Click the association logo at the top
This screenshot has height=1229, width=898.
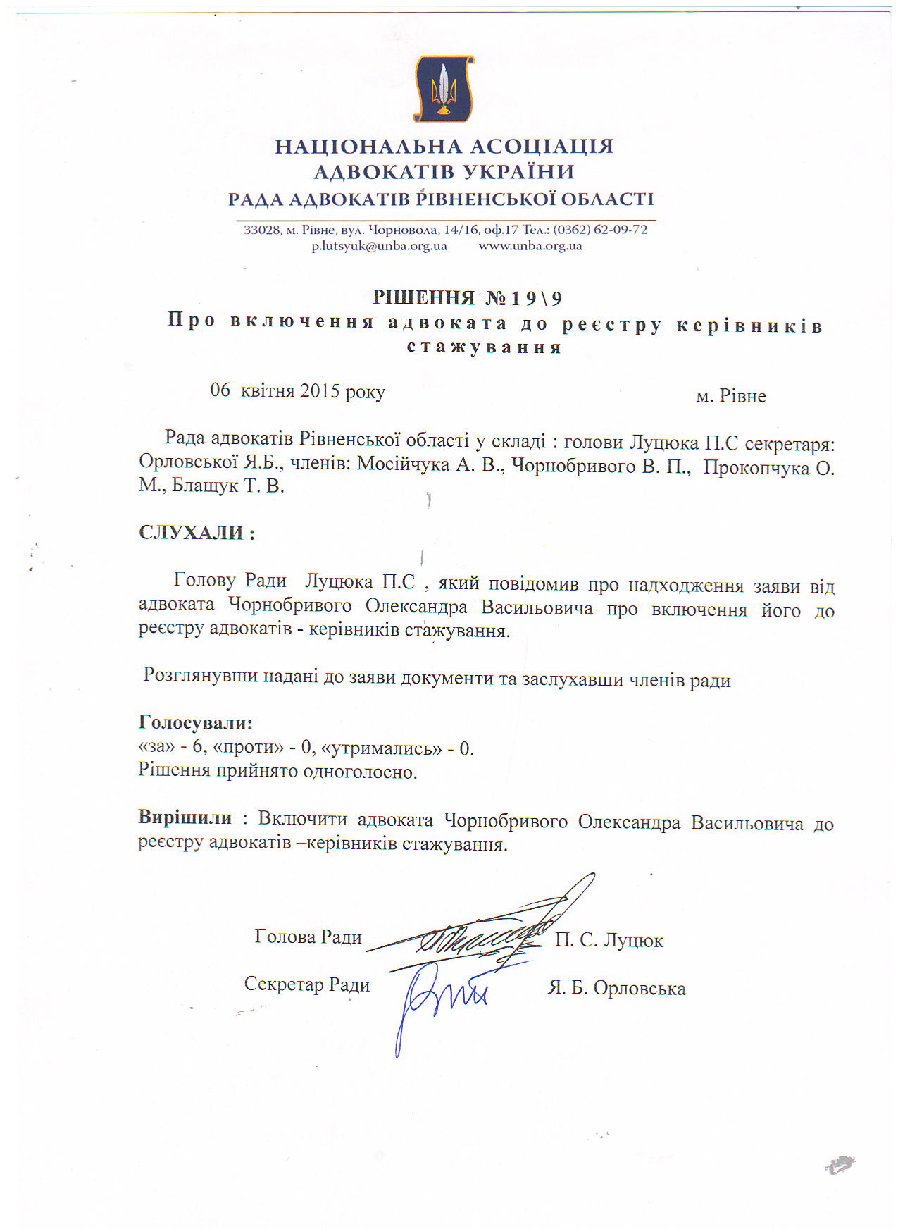tap(444, 88)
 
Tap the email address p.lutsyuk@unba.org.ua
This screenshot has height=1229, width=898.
tap(379, 246)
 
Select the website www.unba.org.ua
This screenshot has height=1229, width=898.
tap(530, 246)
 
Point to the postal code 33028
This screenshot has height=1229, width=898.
tap(262, 230)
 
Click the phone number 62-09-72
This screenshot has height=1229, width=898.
tap(621, 230)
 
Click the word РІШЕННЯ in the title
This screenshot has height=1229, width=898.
tap(423, 298)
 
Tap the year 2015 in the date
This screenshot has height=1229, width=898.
tap(320, 391)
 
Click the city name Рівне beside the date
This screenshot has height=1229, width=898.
tap(742, 396)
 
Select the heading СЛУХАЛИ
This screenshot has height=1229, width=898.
tap(192, 532)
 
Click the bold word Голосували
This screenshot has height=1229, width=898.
tap(195, 722)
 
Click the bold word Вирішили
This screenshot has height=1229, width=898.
tap(185, 817)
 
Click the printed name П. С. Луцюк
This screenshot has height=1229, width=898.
tap(609, 940)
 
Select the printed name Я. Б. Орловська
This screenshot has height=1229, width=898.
tap(616, 988)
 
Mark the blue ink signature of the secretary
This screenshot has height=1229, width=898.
tap(440, 1001)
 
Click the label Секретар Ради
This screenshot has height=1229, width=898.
tap(306, 984)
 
